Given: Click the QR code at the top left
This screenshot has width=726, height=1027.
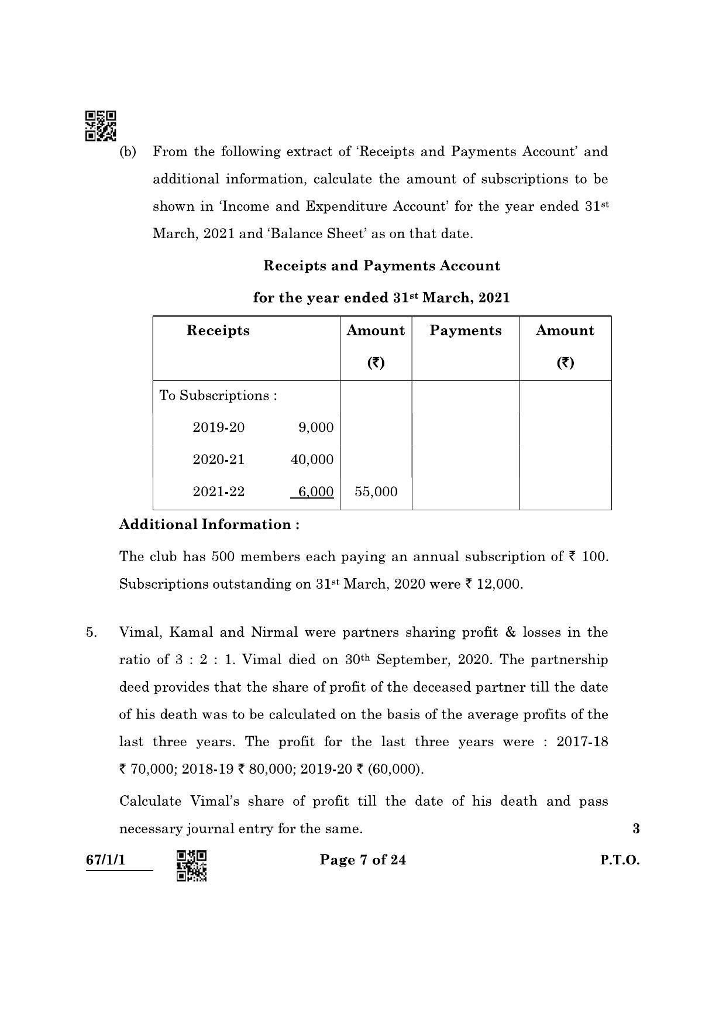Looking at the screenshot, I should click(x=101, y=126).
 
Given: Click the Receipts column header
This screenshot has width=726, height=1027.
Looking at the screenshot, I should click(x=218, y=331).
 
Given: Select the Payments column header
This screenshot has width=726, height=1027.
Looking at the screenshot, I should click(x=465, y=331).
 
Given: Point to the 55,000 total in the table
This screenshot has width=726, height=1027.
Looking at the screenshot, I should click(x=376, y=492).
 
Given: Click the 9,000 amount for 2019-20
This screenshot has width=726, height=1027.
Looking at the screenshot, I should click(x=315, y=428).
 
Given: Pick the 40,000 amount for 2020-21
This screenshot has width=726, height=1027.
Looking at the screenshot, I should click(x=312, y=460).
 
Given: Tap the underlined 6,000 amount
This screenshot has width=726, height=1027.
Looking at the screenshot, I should click(x=315, y=492).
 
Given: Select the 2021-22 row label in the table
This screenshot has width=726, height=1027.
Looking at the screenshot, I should click(x=218, y=492).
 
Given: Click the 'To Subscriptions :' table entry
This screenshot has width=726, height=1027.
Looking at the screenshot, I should click(x=218, y=396).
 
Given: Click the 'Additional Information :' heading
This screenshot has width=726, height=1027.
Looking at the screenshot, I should click(x=209, y=524).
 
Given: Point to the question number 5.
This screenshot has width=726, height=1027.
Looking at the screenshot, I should click(x=91, y=633).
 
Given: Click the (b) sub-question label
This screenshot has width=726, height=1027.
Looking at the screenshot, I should click(x=128, y=152).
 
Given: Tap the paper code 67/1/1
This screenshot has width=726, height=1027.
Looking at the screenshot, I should click(x=105, y=860).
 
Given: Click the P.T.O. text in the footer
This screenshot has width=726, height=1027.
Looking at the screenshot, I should click(x=620, y=860).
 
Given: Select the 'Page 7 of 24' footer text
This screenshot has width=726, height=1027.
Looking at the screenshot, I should click(x=363, y=860).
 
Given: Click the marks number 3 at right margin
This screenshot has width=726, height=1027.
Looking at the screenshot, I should click(x=636, y=829).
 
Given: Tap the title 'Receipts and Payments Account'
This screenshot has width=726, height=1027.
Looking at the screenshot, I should click(x=381, y=266).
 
